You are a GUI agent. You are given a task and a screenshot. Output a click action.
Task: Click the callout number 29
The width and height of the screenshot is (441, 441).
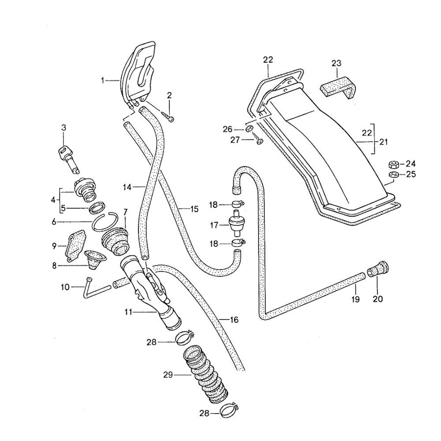pos(167,376)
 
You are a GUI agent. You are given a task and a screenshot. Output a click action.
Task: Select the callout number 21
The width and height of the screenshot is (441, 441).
pos(384,142)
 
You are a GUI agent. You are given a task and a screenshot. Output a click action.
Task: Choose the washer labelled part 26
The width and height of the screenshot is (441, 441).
pos(249,129)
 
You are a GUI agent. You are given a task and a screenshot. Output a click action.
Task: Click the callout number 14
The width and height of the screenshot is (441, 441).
pos(127,187)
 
